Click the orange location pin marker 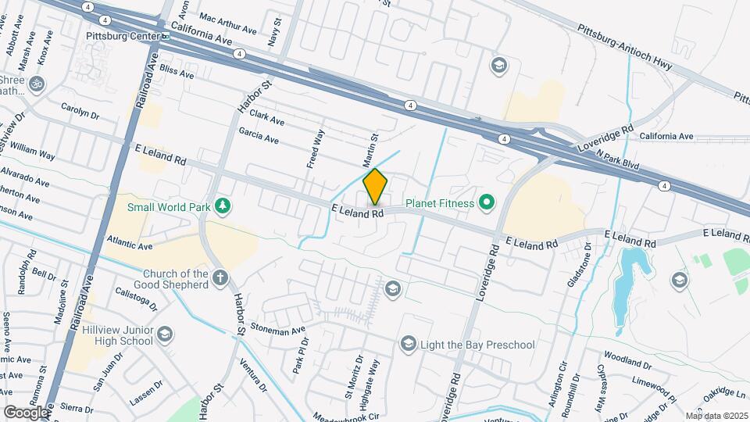pos(376,186)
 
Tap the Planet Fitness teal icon pos(488,204)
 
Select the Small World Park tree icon pos(224,206)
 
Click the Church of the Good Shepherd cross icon pos(220,277)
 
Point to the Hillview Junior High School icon pos(165,334)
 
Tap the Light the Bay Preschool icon pos(407,344)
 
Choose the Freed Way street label pos(315,149)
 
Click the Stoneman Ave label pos(277,330)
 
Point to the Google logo pos(26,412)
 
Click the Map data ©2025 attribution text pos(716,416)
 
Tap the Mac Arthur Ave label pos(228,23)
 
